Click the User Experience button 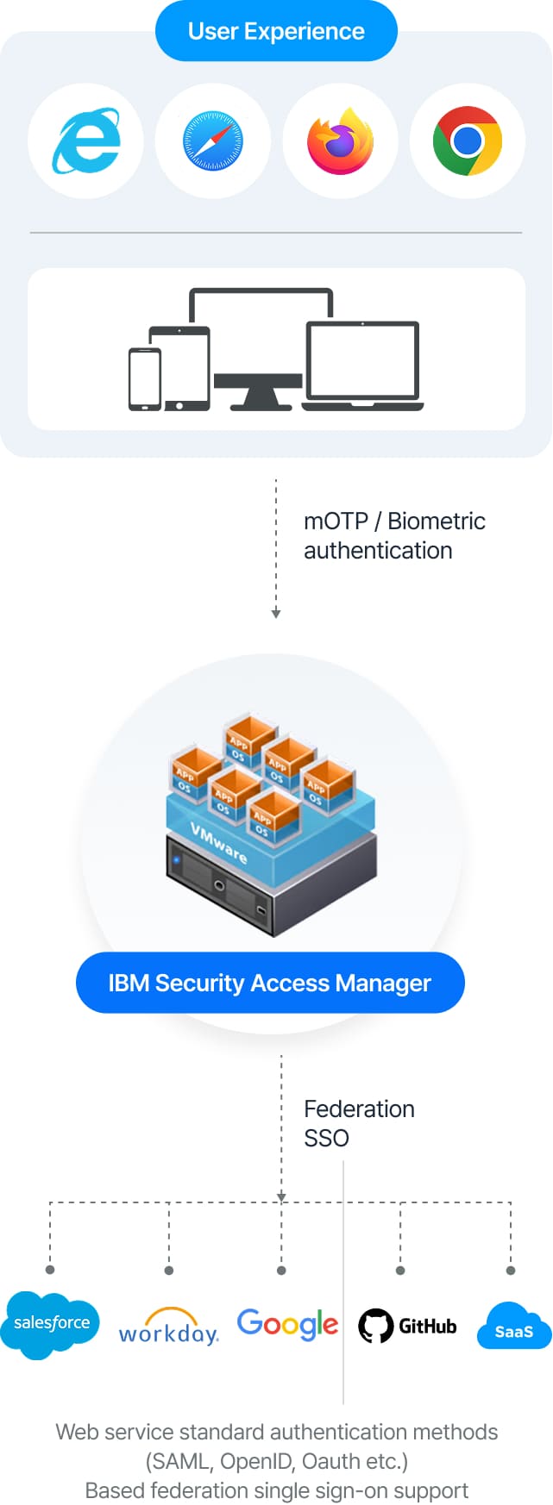[x=276, y=32]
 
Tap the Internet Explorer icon [x=86, y=141]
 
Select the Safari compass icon [x=213, y=141]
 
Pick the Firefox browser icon [x=341, y=141]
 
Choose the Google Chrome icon [x=468, y=141]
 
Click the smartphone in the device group [x=144, y=379]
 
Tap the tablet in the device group [x=179, y=368]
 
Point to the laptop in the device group [x=362, y=366]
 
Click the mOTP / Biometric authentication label [x=394, y=535]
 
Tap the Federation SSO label [x=359, y=1123]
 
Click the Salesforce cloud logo [x=51, y=1323]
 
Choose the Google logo [x=287, y=1324]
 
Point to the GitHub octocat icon [x=375, y=1326]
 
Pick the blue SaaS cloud [x=514, y=1327]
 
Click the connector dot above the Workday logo [x=169, y=1270]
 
